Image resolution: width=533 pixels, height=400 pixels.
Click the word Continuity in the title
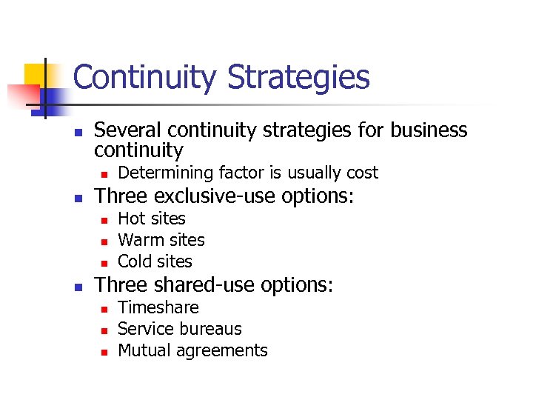146,77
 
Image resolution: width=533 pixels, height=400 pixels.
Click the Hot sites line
152,219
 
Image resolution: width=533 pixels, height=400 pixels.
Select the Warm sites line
161,240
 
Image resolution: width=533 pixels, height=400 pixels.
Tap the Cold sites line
155,261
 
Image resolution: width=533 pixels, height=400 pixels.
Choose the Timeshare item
158,307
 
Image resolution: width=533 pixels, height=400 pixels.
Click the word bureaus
212,329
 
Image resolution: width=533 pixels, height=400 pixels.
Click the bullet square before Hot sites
104,220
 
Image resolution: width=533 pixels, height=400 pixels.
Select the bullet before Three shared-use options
76,287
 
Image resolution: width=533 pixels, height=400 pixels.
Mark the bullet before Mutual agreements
104,352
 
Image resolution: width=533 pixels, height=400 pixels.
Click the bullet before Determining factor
104,174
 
